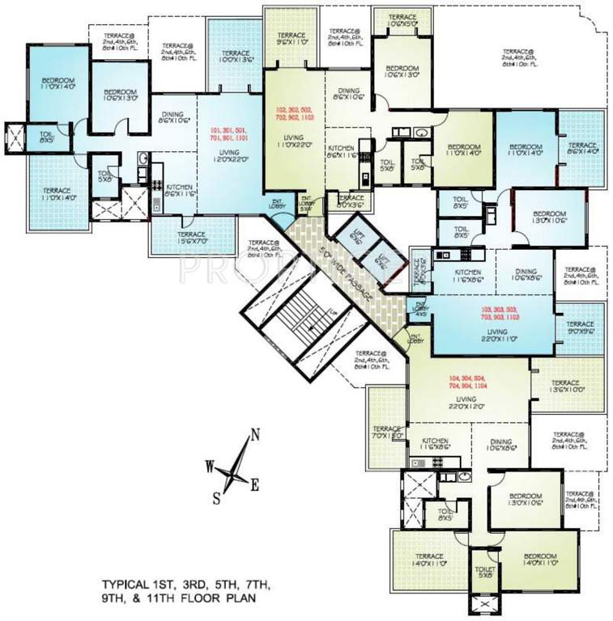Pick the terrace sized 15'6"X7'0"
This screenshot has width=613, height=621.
point(185,237)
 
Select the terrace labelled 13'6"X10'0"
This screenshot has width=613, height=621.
point(566,387)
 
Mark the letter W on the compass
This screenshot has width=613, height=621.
point(209,467)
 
